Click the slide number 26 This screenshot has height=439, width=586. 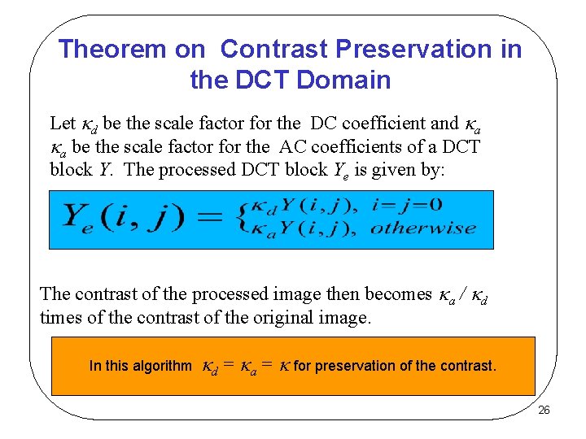tap(544, 410)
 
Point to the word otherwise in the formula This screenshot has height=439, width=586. tap(423, 228)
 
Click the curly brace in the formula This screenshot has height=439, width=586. tap(242, 218)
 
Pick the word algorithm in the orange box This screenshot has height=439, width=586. tap(161, 366)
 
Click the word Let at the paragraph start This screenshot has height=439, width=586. tap(63, 124)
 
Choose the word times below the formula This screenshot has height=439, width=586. tap(59, 317)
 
